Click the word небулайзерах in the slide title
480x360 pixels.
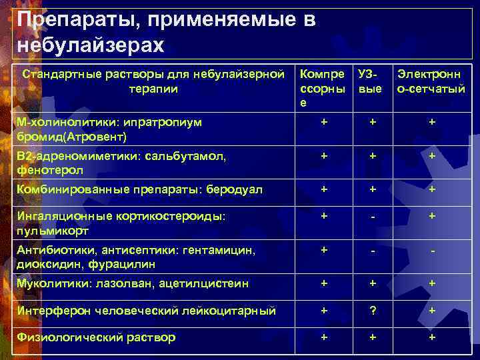89,46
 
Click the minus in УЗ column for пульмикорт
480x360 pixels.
374,217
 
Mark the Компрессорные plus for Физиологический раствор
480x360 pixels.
325,337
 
